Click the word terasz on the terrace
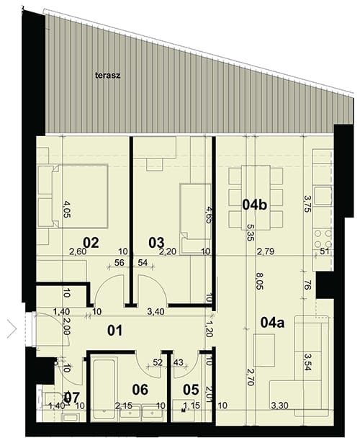[107, 76]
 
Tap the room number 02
[91, 243]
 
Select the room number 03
[156, 243]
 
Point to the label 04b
[255, 205]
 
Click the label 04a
[272, 323]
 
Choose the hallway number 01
[115, 330]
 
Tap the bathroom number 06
[140, 390]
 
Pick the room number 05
[191, 390]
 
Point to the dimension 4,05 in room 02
[67, 209]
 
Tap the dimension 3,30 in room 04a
[279, 406]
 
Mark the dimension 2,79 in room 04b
[266, 251]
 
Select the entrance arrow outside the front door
[12, 329]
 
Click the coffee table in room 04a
[264, 350]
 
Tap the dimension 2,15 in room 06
[124, 406]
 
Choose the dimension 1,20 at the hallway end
[210, 329]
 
